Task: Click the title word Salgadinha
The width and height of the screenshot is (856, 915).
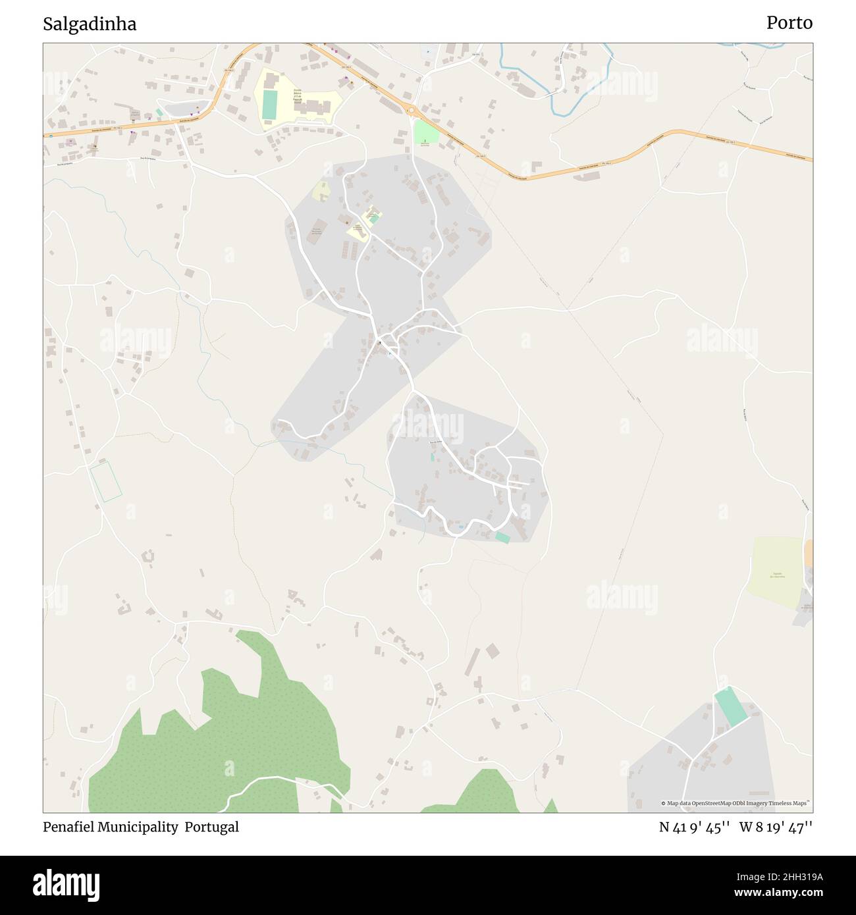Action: [x=90, y=24]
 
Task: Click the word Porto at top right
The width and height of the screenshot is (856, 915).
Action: [x=789, y=23]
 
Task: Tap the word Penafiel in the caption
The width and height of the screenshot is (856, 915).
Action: [x=68, y=827]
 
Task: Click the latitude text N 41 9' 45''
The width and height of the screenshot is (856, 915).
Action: [x=694, y=827]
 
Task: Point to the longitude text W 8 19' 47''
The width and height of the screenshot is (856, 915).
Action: [x=776, y=827]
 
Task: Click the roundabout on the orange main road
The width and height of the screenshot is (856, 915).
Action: [x=412, y=111]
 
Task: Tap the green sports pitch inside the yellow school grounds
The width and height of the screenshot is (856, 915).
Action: [x=269, y=105]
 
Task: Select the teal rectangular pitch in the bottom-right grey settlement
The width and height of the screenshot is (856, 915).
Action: [x=731, y=707]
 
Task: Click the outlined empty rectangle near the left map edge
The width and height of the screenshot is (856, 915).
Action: [x=106, y=481]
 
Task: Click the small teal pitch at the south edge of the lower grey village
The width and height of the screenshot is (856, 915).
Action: [x=502, y=538]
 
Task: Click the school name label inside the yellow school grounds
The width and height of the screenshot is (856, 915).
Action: [x=298, y=97]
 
